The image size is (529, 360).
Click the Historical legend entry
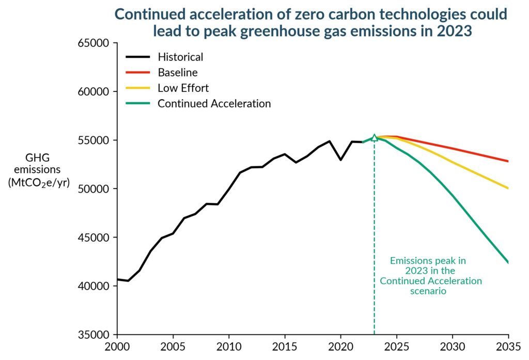180,57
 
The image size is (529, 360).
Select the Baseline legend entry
177,72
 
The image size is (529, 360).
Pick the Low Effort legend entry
183,88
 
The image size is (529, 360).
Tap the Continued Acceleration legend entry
214,103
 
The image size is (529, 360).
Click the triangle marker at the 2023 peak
375,137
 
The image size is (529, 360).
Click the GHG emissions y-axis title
39,169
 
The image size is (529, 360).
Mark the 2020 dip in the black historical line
341,160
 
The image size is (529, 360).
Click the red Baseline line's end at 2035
508,161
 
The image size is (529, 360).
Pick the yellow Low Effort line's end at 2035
508,188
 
